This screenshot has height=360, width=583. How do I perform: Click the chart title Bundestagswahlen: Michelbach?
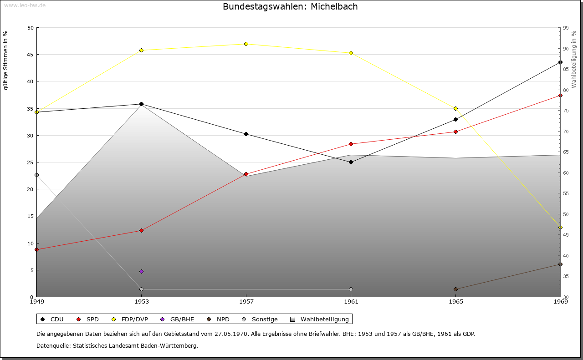(290, 6)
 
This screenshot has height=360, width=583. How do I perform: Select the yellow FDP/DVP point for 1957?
(246, 44)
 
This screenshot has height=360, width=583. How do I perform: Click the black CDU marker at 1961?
(351, 162)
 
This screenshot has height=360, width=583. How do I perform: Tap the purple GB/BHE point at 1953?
(142, 272)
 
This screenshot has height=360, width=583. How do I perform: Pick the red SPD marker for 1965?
(456, 132)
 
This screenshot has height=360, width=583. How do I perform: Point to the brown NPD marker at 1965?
(456, 289)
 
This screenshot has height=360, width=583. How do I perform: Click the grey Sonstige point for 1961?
(351, 289)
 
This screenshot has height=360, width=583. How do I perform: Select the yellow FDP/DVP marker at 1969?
(560, 228)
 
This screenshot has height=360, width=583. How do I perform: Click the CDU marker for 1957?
(246, 134)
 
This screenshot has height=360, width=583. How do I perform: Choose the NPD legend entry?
(218, 319)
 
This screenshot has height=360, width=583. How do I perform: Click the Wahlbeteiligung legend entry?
(320, 319)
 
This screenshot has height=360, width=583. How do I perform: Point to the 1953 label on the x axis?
(142, 302)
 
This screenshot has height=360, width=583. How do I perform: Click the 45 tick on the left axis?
(31, 55)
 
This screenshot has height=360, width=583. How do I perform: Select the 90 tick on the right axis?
(566, 49)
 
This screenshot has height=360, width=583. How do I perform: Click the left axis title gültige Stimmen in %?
(5, 61)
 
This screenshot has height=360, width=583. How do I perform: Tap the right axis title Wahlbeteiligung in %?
(574, 60)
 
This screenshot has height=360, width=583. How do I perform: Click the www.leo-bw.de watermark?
(25, 5)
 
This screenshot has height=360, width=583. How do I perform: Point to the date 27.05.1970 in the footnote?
(231, 334)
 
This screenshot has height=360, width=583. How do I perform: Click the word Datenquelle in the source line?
(54, 346)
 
